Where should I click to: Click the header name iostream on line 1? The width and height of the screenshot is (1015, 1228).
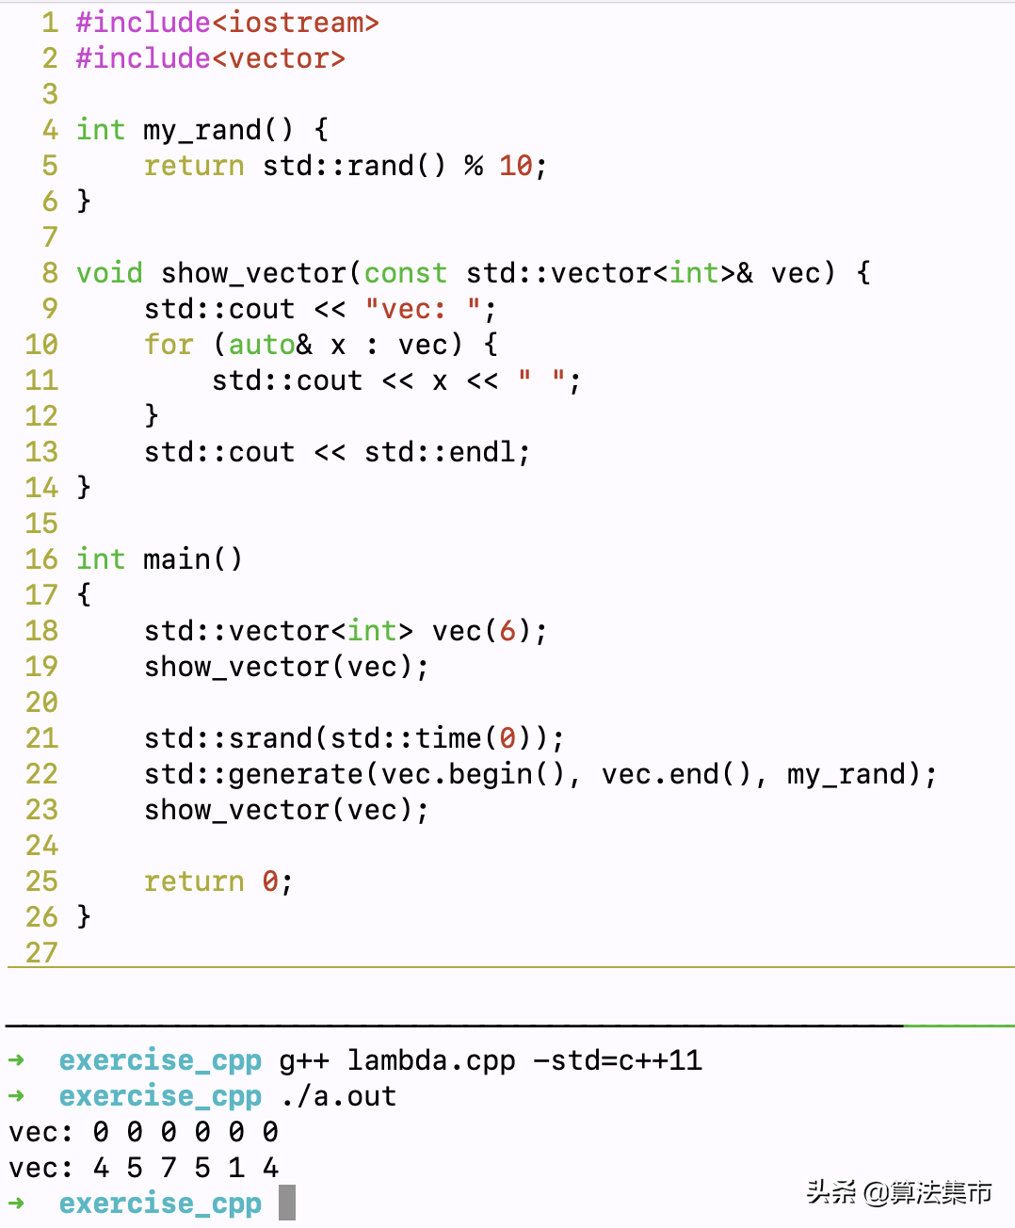tap(294, 23)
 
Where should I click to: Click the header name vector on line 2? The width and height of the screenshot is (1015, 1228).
tap(278, 58)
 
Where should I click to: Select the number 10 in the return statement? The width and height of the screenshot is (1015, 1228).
tap(516, 166)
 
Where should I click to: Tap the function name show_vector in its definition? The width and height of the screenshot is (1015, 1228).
tap(253, 273)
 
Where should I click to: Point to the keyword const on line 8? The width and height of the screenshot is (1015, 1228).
tap(405, 273)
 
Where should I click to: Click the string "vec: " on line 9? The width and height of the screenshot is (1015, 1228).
tap(422, 309)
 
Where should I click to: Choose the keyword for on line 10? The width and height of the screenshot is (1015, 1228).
tap(169, 345)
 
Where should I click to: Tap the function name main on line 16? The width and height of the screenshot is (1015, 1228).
tap(176, 559)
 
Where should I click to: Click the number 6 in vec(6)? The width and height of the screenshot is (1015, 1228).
tap(507, 631)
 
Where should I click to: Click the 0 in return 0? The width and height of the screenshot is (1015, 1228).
tap(270, 881)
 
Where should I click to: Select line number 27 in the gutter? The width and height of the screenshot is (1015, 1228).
tap(41, 952)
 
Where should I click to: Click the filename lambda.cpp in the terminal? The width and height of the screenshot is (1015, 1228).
tap(431, 1060)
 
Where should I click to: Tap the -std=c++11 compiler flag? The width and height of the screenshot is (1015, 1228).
tap(618, 1060)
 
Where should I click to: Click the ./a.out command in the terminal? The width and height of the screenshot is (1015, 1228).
tap(339, 1096)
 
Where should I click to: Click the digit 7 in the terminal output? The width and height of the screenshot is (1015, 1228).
tap(169, 1168)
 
